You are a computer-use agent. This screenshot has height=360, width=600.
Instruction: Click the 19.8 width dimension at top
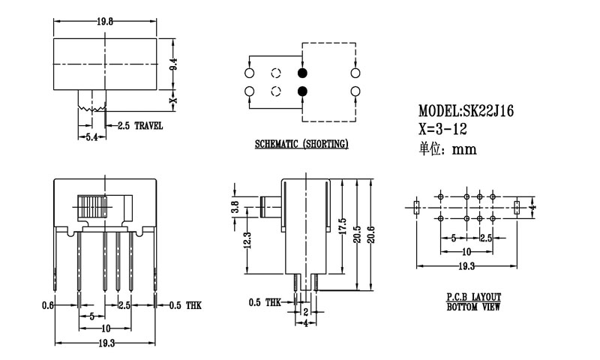[105, 22]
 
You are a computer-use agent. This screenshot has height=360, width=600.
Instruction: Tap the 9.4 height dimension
[173, 67]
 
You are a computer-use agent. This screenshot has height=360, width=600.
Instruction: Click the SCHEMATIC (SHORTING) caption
[301, 143]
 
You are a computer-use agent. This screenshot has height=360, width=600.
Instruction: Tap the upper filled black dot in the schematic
[302, 73]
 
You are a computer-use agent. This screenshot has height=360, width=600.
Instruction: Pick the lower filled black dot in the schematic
[302, 91]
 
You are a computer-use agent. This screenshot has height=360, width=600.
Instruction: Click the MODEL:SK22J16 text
[466, 110]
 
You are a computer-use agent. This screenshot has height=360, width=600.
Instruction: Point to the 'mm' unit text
[465, 148]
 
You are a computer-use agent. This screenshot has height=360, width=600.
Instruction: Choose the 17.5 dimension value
[342, 227]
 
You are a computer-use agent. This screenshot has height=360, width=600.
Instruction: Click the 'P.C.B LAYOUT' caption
[472, 298]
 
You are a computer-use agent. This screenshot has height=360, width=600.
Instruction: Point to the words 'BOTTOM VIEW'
[472, 307]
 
